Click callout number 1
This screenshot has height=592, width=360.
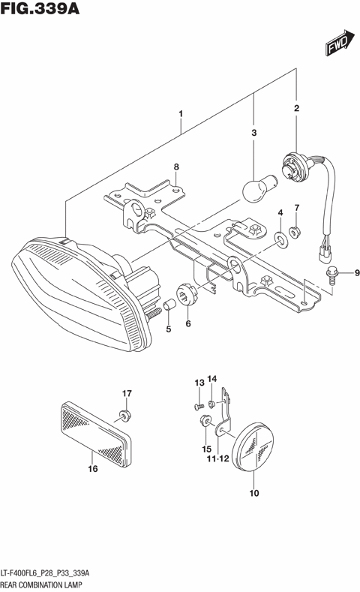pos(181,114)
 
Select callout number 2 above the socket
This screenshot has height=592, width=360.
pos(296,109)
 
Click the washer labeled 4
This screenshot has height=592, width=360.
pos(280,239)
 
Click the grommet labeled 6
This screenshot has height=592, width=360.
pos(188,292)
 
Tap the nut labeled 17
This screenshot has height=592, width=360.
pos(124,414)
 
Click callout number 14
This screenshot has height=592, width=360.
pos(211,379)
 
